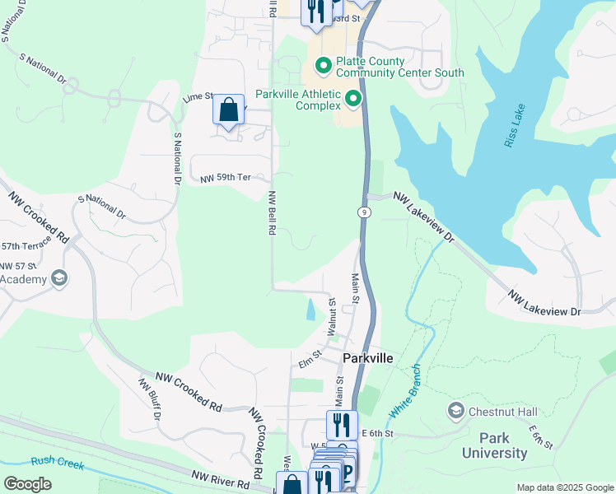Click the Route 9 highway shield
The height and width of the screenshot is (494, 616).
(362, 212)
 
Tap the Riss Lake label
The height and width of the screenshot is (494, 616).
(510, 129)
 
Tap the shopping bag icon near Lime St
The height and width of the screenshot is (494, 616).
(229, 110)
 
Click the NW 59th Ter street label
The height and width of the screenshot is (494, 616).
(226, 178)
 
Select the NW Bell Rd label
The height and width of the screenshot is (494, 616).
(270, 213)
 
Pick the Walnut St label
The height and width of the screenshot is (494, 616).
(332, 316)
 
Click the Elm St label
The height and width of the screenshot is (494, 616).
(309, 360)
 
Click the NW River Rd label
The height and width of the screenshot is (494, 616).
(220, 477)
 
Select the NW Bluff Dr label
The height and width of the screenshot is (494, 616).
(149, 399)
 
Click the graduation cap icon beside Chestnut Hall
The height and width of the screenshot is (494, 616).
(455, 410)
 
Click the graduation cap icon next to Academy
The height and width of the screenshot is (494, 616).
(58, 279)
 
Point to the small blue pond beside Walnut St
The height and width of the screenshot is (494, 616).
(310, 310)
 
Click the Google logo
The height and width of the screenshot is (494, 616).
(27, 484)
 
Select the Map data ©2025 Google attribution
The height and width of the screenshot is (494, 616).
(564, 487)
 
